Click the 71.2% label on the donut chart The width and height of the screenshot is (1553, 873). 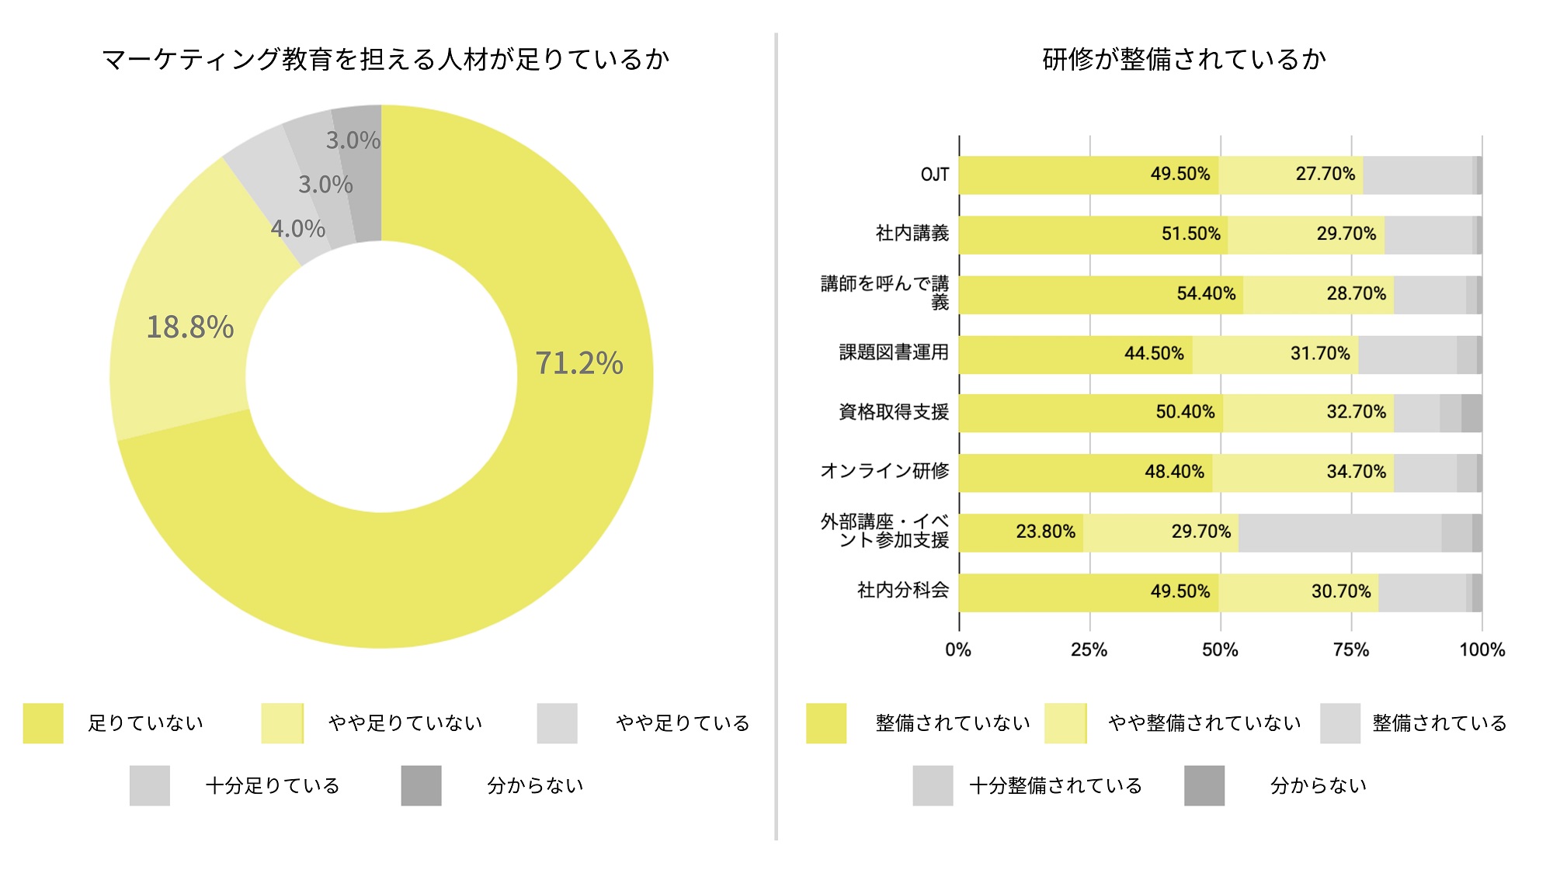coord(578,363)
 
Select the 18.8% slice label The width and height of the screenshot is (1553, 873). coord(190,327)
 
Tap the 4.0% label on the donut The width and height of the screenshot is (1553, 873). coord(297,229)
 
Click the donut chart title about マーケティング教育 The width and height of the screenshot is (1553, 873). coord(385,59)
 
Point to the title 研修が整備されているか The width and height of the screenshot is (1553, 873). coord(1183,59)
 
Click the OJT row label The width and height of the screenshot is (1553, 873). coord(934,175)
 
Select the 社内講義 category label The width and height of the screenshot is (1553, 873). coord(912,234)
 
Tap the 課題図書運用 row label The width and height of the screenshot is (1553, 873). coord(894,353)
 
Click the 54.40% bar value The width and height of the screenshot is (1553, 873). coord(1205,293)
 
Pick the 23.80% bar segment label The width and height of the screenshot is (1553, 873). coord(1045,532)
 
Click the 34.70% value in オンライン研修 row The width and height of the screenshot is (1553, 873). coord(1356,472)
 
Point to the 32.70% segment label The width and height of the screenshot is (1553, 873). coord(1356,412)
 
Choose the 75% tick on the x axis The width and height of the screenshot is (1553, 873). coord(1351,650)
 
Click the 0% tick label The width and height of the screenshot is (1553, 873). coord(958,650)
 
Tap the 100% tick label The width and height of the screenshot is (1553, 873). coord(1482,650)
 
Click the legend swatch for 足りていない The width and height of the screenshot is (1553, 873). coord(43,723)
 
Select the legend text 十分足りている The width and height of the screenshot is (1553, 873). coord(273,786)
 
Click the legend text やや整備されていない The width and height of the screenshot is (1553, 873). coord(1204,723)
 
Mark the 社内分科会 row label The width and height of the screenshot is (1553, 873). coord(902,591)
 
